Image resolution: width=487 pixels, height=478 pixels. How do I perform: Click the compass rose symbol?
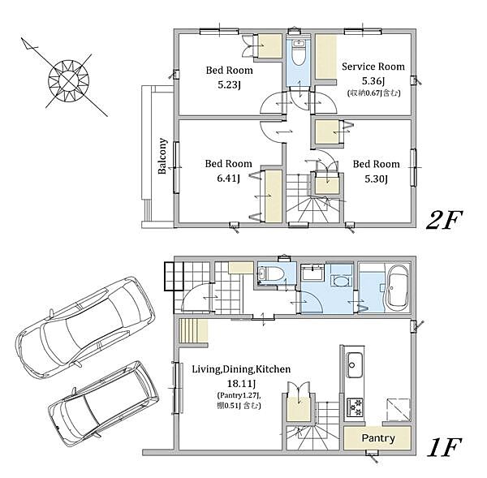pyautogui.click(x=69, y=81)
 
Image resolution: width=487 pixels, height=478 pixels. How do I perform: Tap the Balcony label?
pyautogui.click(x=162, y=156)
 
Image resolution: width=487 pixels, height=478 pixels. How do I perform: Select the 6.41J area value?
pyautogui.click(x=229, y=179)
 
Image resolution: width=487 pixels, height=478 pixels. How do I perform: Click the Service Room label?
pyautogui.click(x=373, y=67)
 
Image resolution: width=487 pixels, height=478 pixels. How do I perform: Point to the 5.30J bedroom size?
pyautogui.click(x=376, y=179)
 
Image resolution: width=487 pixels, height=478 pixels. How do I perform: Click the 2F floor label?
pyautogui.click(x=445, y=220)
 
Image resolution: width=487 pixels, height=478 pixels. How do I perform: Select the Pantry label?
pyautogui.click(x=378, y=438)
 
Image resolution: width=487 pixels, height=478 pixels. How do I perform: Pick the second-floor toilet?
pyautogui.click(x=299, y=52)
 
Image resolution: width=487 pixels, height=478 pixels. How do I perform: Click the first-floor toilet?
pyautogui.click(x=271, y=273)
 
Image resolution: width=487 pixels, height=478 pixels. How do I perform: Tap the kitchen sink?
pyautogui.click(x=355, y=364)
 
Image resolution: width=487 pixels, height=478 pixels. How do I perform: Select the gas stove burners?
pyautogui.click(x=355, y=407)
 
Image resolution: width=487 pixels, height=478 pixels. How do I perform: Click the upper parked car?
pyautogui.click(x=85, y=327)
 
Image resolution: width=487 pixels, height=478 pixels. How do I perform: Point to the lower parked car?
pyautogui.click(x=104, y=403)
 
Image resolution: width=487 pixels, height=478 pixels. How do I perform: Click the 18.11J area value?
pyautogui.click(x=242, y=384)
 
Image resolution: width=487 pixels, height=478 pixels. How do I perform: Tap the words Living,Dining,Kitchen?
pyautogui.click(x=241, y=369)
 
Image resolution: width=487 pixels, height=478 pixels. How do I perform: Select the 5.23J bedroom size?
pyautogui.click(x=229, y=84)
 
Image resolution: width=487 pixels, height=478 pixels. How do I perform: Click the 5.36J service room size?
pyautogui.click(x=373, y=81)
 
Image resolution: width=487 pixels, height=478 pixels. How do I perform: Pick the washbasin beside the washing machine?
pyautogui.click(x=312, y=272)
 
